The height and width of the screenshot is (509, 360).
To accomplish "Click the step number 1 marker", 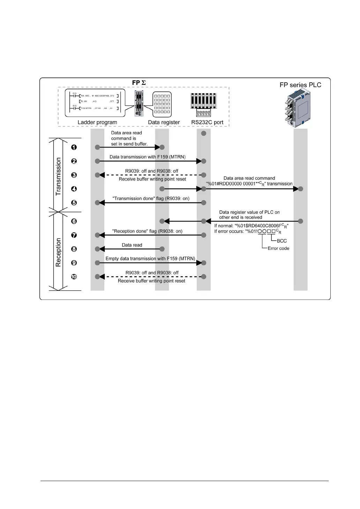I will [74, 147].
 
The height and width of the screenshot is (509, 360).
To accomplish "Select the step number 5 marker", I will [74, 203].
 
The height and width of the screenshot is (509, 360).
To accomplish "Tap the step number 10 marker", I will [74, 277].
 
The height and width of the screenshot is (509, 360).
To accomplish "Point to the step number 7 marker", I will [74, 235].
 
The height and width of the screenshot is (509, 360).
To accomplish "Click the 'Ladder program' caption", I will [97, 123].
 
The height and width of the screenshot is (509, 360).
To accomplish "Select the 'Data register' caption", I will [164, 123].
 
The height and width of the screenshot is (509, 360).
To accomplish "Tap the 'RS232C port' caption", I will [207, 123].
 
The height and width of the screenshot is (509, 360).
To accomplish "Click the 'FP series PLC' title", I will [300, 85].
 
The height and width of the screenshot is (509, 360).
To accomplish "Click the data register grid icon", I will [162, 104].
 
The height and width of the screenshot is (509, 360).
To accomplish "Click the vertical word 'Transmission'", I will [58, 176].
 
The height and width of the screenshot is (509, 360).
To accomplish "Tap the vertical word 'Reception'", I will [58, 252].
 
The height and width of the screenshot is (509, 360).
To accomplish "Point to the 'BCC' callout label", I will [282, 241].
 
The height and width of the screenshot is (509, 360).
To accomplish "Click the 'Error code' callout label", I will [278, 249].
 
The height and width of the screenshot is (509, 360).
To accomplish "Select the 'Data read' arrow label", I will [132, 245].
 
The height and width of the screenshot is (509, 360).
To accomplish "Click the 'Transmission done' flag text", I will [151, 199].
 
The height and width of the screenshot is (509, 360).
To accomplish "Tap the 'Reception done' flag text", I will [147, 231].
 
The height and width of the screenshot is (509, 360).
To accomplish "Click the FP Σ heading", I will [139, 83].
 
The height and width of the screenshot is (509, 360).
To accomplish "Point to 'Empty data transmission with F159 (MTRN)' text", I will [150, 259].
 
